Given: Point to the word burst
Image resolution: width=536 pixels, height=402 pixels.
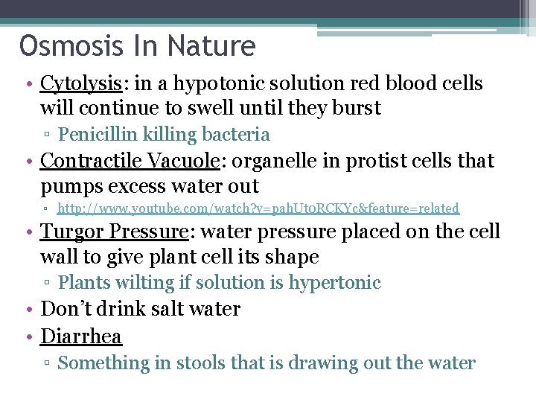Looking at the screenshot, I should click(354, 109).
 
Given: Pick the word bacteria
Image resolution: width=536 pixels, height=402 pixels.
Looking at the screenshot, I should click(237, 135).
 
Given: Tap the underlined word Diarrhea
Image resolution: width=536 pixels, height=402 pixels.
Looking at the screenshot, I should click(81, 336).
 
